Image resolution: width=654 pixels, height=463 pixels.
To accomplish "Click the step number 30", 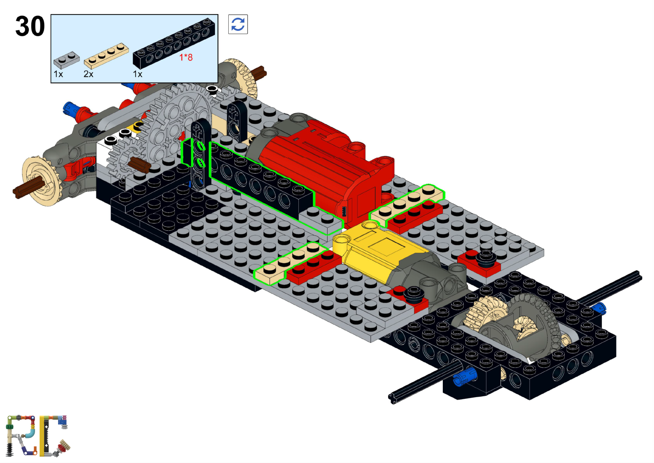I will pos(30,26).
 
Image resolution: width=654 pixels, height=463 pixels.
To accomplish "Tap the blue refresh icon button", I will pos(238,24).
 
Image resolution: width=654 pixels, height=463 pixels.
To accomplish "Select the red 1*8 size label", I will pos(186,58).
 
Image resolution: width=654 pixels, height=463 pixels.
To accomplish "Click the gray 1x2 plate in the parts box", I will pos(66,60).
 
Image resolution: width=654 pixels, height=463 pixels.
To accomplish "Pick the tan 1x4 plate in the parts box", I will pos(106,55).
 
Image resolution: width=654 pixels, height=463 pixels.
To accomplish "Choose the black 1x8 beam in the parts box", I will pos(174,43).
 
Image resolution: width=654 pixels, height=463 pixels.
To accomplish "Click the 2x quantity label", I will pos(88,74).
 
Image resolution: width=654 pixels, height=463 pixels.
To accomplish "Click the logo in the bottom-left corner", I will pos(38,436).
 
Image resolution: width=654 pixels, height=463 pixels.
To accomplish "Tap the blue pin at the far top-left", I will pos(68,108).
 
